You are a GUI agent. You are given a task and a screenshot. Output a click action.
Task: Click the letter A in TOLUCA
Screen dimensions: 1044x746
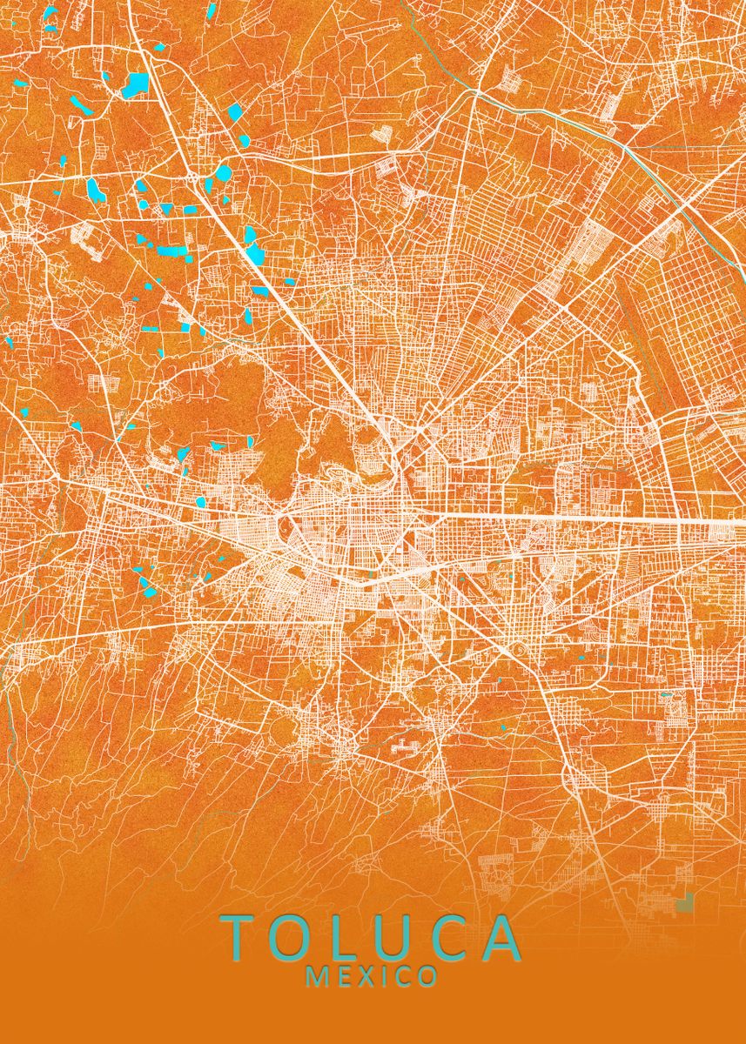coord(503,938)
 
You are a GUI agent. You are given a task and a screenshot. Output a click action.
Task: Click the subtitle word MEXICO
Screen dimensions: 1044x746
coord(372,977)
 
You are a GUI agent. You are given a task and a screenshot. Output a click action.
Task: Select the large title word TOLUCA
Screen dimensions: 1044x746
coord(373,938)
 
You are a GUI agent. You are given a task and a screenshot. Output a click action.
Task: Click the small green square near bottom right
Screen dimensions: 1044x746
coord(686,903)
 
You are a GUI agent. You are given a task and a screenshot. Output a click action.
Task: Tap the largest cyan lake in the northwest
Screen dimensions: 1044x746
coord(136,84)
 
